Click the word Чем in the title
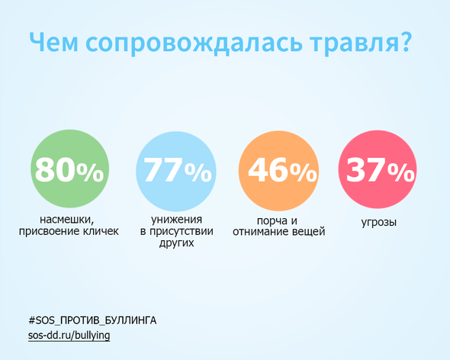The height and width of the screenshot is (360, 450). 54,42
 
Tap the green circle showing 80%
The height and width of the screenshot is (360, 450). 69,169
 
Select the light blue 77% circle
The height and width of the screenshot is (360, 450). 176,172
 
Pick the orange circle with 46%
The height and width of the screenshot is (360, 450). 278,171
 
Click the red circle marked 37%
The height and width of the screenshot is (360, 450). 378,169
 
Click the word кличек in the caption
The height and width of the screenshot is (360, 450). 101,231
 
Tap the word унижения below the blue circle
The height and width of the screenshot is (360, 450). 176,220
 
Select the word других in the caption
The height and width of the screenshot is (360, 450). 176,243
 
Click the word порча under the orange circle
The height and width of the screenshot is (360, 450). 272,221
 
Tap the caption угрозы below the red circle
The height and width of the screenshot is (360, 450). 379,223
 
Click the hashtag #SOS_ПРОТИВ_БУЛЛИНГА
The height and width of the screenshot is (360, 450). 92,320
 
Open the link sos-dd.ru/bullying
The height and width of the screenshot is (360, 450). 69,336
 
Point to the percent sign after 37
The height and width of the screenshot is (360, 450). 401,172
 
